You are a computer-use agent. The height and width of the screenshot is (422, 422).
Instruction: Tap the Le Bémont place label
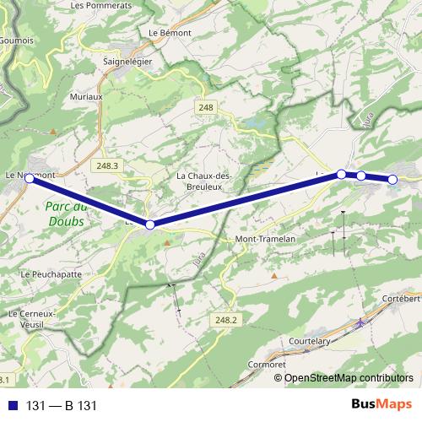tap(170, 32)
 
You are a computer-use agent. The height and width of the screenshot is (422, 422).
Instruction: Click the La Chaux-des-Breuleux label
tap(203, 181)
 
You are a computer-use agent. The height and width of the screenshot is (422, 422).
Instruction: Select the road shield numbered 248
tap(207, 107)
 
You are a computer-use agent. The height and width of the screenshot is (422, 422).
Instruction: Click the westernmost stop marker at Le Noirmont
tap(30, 178)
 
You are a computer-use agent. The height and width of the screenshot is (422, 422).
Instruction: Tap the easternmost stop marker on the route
tap(393, 179)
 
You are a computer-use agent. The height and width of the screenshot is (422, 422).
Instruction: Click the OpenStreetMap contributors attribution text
tap(349, 377)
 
